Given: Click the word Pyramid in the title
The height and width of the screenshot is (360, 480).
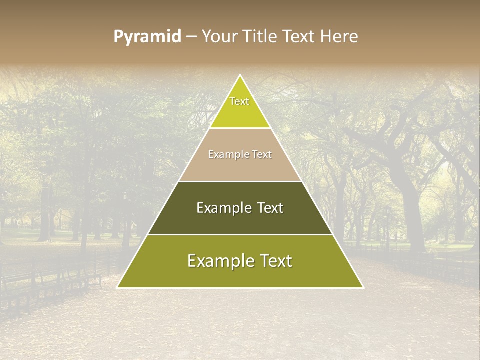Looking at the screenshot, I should tap(147, 37).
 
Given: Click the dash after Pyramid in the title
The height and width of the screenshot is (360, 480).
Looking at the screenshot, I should tap(191, 37).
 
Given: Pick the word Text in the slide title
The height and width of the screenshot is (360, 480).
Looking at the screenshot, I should tap(299, 36).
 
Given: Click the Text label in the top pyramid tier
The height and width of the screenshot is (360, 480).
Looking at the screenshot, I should tap(239, 101).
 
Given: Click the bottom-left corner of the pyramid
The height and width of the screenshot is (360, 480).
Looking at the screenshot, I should tap(117, 288).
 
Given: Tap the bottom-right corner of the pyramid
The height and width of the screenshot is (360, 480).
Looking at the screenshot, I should tap(363, 288).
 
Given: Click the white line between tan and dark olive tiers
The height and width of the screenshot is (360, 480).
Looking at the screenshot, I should tap(240, 181).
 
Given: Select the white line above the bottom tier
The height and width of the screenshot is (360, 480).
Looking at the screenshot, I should tap(240, 234).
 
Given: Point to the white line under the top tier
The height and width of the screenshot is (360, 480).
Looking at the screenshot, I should tap(240, 128).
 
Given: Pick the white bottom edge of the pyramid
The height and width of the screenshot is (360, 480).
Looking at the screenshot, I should tap(240, 288).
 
